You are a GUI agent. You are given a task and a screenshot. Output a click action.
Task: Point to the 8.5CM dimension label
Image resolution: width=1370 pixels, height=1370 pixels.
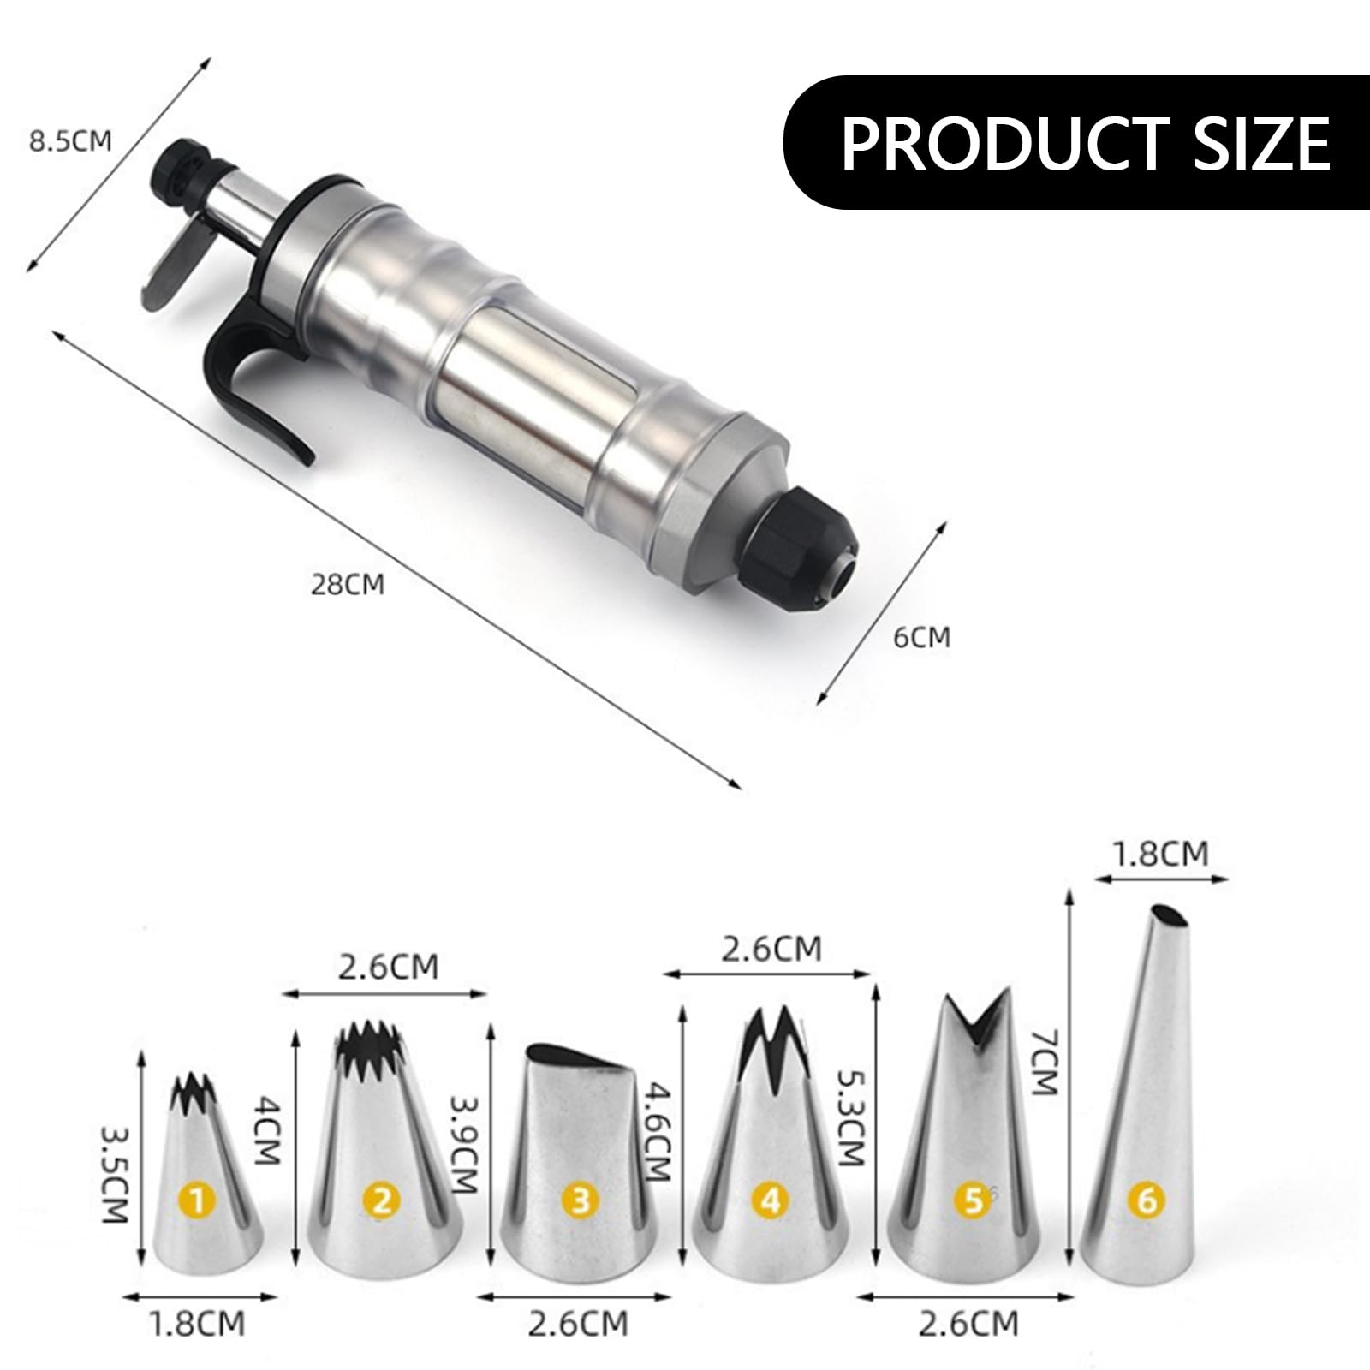click(x=70, y=140)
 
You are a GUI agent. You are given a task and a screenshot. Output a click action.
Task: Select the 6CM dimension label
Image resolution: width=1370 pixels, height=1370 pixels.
click(x=921, y=637)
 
